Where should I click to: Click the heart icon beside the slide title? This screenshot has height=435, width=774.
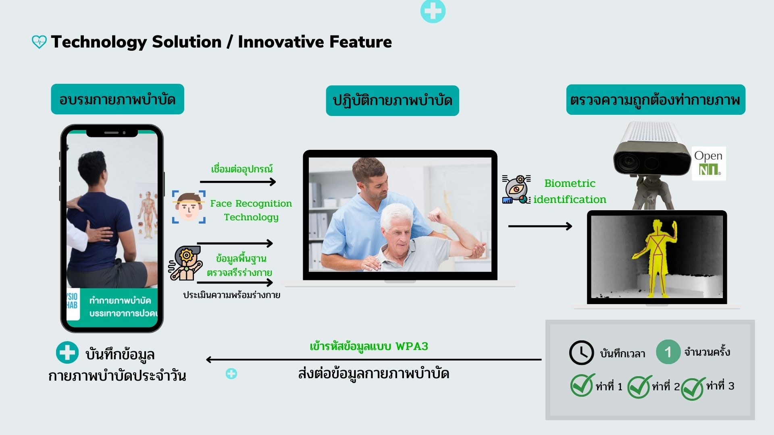coord(39,42)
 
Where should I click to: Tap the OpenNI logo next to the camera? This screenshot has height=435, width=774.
coord(709,163)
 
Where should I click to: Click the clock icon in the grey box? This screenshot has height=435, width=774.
coord(581,353)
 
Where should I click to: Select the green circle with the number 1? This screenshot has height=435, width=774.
coord(668,352)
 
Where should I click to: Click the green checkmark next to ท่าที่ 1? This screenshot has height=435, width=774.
coord(582,385)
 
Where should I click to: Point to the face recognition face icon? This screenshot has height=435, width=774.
coord(189,207)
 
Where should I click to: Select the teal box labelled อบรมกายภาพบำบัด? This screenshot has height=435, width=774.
coord(117,99)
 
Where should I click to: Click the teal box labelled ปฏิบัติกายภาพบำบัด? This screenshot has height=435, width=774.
coord(392,101)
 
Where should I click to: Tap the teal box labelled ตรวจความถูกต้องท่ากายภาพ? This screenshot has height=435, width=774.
coord(655,99)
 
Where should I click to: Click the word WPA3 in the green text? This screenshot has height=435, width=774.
coord(412,346)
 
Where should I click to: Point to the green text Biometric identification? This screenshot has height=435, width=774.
coord(570,191)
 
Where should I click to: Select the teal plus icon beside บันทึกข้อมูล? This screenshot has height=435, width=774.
coord(67,352)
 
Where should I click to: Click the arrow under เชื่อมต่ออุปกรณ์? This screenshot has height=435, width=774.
coord(238,182)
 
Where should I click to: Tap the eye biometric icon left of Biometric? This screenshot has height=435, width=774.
coord(516,189)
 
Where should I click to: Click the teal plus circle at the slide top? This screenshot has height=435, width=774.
coord(433,11)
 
